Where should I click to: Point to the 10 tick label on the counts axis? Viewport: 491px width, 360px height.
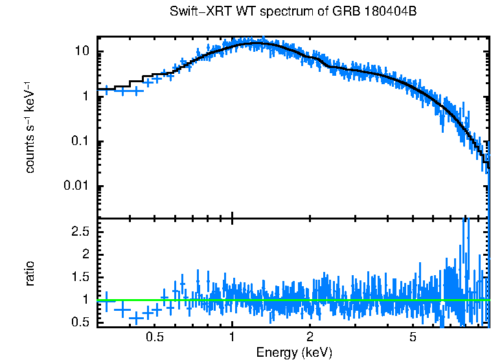(81, 52)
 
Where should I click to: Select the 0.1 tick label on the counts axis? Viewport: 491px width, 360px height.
(79, 142)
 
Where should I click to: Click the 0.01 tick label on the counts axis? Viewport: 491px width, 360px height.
(76, 186)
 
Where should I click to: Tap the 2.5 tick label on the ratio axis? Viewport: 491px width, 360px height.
(79, 231)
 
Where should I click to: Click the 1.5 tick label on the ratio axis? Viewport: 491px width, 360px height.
(79, 277)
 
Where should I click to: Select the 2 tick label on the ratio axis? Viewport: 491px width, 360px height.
(85, 254)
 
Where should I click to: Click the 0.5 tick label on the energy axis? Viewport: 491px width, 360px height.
(154, 337)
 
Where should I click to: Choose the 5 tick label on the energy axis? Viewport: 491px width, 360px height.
(413, 337)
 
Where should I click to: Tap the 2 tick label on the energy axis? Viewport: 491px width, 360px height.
(310, 337)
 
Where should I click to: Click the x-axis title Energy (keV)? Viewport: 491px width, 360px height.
(294, 352)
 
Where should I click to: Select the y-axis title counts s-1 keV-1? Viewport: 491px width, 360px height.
(30, 129)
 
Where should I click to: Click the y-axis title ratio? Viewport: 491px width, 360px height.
(30, 273)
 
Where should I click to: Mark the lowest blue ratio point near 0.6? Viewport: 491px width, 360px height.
(136, 319)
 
